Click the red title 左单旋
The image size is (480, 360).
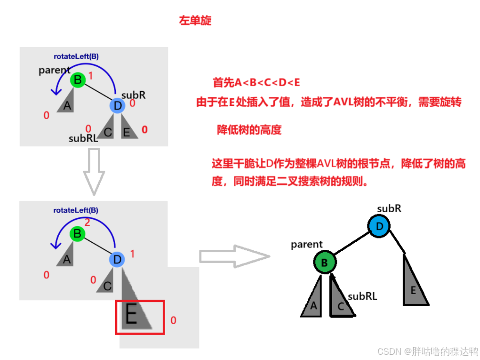coord(195,21)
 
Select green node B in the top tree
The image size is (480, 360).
coord(77,80)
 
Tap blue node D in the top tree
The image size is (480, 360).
coord(117,105)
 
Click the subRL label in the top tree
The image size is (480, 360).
coord(83,139)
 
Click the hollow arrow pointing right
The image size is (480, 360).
coord(234,257)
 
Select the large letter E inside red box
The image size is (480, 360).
coord(132,315)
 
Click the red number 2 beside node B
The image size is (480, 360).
coord(87,223)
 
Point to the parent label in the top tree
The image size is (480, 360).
coord(54,71)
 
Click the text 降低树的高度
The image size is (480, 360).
coord(249,130)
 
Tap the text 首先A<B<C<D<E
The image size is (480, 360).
coord(256,82)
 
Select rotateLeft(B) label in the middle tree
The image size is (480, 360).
coord(76,210)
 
